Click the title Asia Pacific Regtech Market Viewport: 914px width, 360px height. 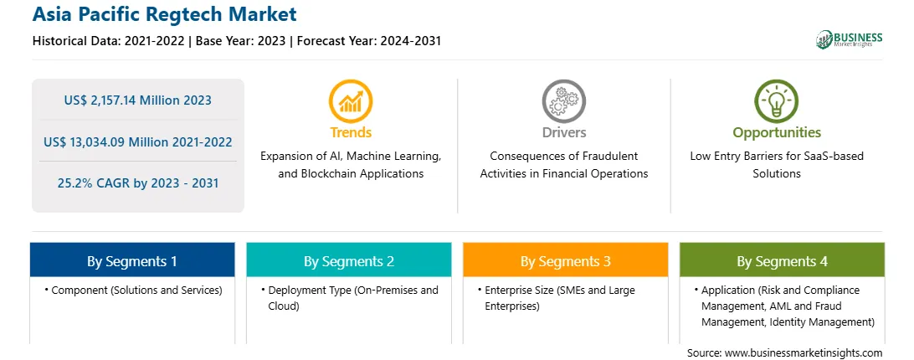[x=164, y=13]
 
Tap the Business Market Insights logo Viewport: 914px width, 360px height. [x=849, y=39]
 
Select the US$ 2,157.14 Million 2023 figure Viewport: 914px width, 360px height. [x=137, y=100]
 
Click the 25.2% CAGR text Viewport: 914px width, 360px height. [x=96, y=183]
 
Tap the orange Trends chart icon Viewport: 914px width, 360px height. [x=351, y=100]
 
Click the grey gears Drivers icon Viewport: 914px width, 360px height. [x=563, y=100]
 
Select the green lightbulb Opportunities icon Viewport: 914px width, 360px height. [x=777, y=100]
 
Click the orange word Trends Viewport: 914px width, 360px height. [x=351, y=132]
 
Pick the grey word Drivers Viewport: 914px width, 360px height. [x=563, y=132]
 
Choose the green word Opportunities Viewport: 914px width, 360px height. [x=777, y=133]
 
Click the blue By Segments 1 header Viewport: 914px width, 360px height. [x=132, y=260]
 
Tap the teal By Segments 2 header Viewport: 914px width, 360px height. [x=348, y=260]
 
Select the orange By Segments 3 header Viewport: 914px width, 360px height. [x=566, y=260]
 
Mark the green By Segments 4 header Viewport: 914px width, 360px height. [x=782, y=260]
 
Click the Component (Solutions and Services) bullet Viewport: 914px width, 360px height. [x=133, y=290]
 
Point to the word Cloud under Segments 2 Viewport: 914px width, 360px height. [x=283, y=306]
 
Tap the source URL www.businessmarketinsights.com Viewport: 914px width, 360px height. [x=804, y=352]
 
